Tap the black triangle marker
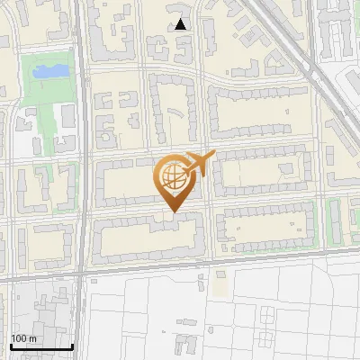click(x=181, y=24)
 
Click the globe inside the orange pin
click(x=172, y=175)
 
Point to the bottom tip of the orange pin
click(x=173, y=212)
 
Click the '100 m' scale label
click(x=23, y=337)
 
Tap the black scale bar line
click(x=40, y=346)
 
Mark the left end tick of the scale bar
click(x=11, y=345)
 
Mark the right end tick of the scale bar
click(x=72, y=345)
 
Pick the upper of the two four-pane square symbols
click(x=267, y=312)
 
